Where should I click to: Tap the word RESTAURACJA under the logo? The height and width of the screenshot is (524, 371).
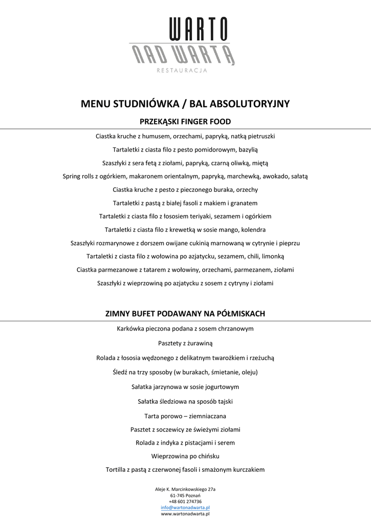pos(182,71)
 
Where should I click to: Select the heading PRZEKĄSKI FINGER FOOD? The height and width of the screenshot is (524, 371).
pos(185,122)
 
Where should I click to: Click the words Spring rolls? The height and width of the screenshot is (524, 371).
pos(77,176)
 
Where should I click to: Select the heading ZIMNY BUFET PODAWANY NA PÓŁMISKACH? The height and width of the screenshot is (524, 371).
pos(185,313)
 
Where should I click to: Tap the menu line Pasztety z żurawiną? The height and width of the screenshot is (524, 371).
pos(185,343)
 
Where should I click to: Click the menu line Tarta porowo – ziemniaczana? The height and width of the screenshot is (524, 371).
pos(185,416)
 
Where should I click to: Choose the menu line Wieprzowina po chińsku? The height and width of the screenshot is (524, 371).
pos(185,456)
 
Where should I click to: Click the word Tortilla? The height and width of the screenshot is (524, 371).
pos(117,469)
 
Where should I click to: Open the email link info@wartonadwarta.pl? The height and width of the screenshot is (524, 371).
pos(185,508)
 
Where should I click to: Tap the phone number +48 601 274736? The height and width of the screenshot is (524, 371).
pos(185,501)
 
